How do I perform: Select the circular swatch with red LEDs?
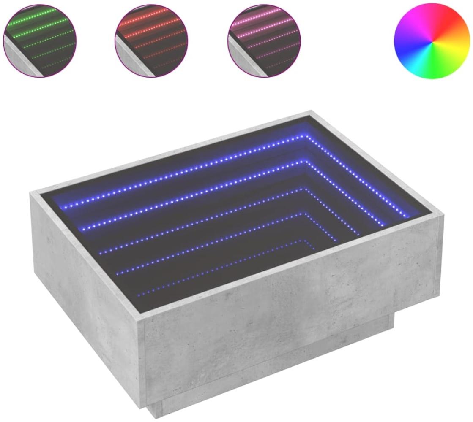150,41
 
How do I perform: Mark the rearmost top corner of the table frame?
311,112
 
